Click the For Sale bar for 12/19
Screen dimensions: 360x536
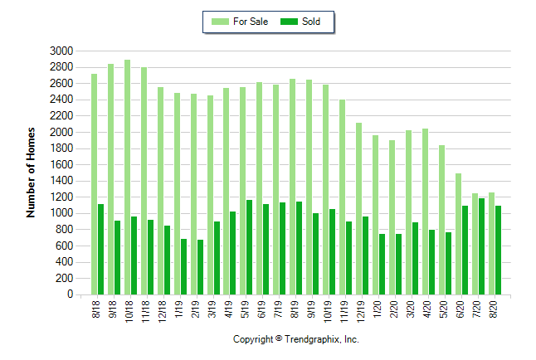pos(358,208)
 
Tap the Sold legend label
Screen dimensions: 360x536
pos(309,22)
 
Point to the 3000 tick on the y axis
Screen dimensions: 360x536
pos(63,51)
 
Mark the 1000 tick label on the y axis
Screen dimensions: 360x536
pos(63,213)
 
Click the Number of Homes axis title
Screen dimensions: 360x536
pos(31,172)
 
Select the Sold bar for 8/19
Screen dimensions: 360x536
pos(300,248)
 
